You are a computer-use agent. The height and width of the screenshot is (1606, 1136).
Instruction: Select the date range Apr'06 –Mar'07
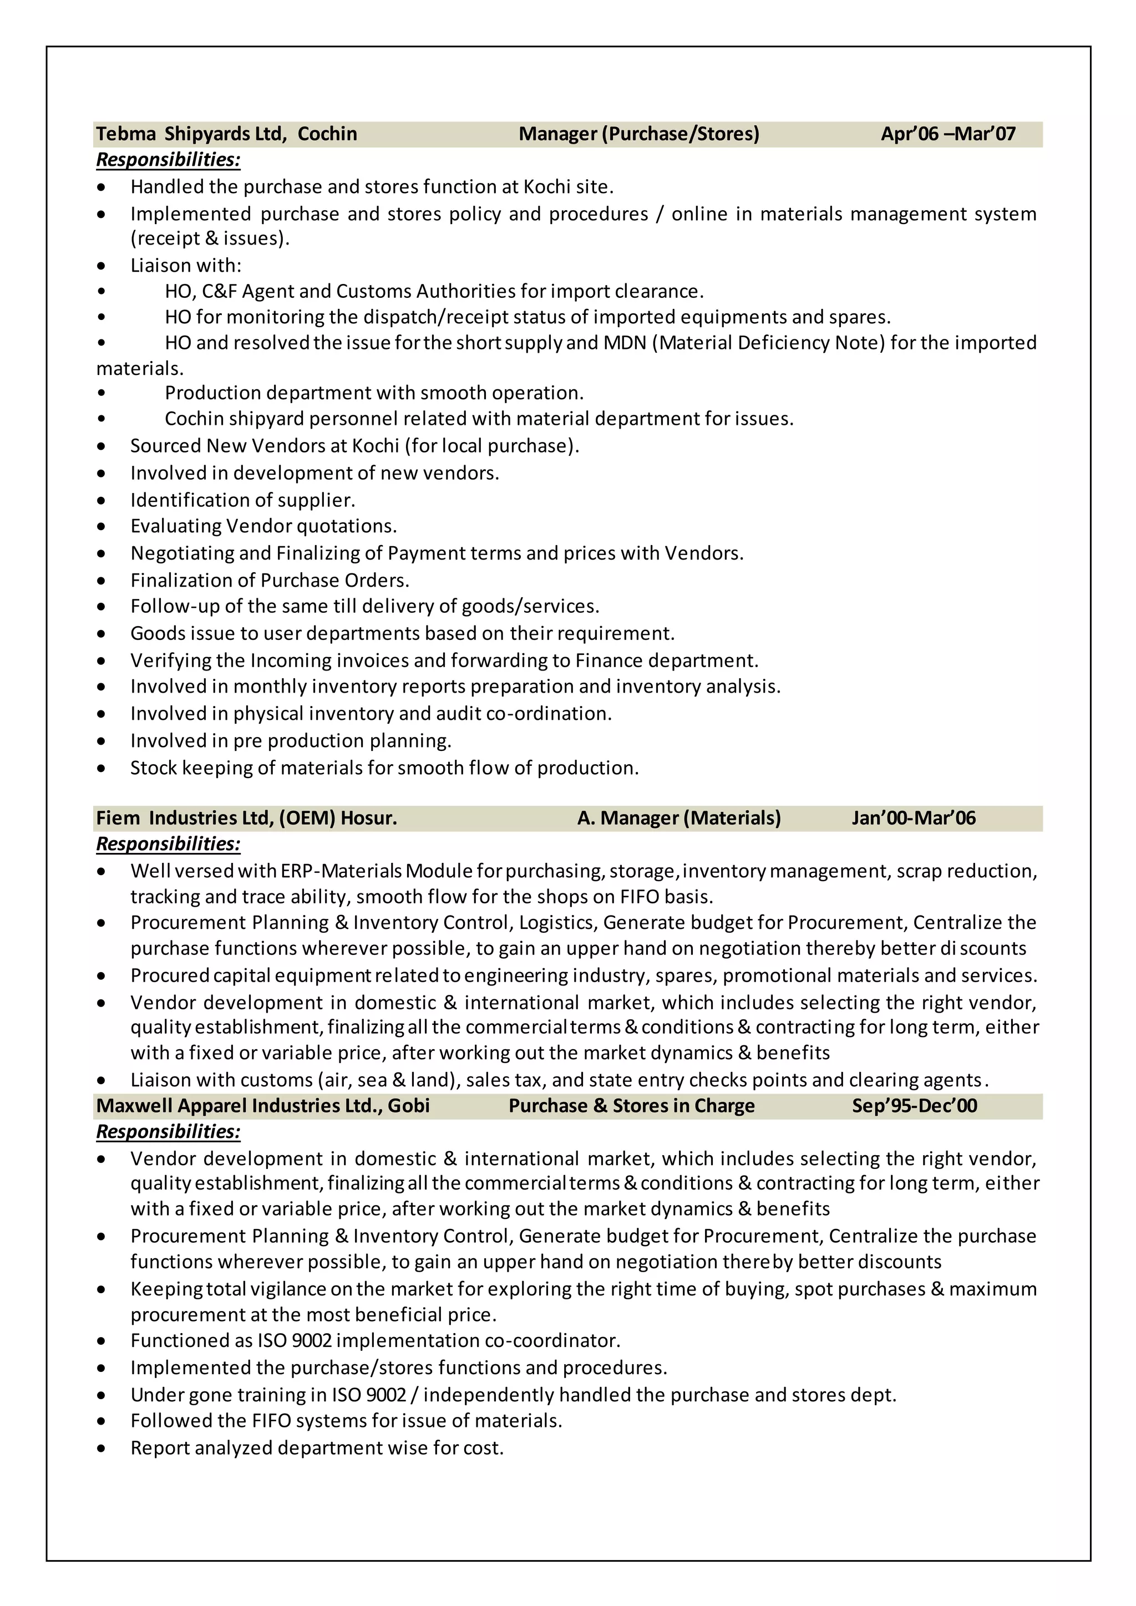(x=948, y=134)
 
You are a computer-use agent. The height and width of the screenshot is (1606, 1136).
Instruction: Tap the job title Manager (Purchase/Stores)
(x=638, y=134)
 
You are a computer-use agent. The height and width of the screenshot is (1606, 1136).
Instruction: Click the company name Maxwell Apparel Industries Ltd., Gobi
(x=263, y=1105)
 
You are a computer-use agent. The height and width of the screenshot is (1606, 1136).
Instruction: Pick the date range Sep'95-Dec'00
(x=914, y=1105)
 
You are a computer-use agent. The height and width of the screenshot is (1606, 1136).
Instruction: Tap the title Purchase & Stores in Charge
(x=632, y=1105)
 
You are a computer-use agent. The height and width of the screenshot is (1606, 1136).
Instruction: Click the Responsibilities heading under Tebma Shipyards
(x=168, y=160)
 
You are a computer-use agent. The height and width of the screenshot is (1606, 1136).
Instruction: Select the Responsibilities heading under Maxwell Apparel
(x=168, y=1131)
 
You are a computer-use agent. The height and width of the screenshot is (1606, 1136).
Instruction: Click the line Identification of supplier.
(x=243, y=500)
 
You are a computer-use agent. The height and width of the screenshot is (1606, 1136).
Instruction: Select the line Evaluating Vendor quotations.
(x=263, y=526)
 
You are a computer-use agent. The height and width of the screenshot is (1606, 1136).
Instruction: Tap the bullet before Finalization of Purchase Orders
(x=102, y=581)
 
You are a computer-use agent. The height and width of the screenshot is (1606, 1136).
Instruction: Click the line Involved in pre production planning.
(x=291, y=741)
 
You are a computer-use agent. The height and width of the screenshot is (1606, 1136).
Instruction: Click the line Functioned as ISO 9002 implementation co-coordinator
(x=376, y=1341)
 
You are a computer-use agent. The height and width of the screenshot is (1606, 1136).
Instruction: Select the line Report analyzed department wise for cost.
(x=317, y=1448)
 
